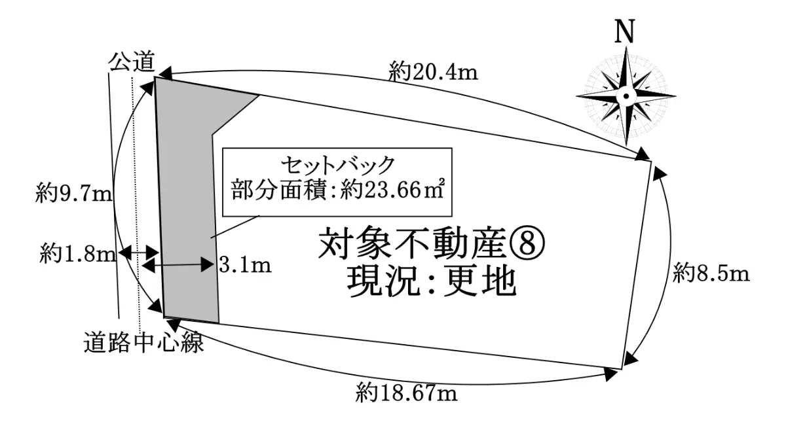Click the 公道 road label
[x=132, y=62]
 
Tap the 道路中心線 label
[x=143, y=342]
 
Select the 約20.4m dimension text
[x=434, y=73]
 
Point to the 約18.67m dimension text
[x=407, y=393]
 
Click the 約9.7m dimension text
[x=73, y=194]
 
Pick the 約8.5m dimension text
[x=711, y=273]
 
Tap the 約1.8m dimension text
[x=77, y=254]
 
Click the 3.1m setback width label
[x=245, y=266]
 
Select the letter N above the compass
[x=625, y=31]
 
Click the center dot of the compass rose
[x=626, y=96]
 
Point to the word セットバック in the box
[x=337, y=165]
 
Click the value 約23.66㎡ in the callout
[x=392, y=190]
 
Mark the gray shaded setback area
[x=188, y=210]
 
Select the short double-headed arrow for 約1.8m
[x=139, y=252]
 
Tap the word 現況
[x=384, y=283]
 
